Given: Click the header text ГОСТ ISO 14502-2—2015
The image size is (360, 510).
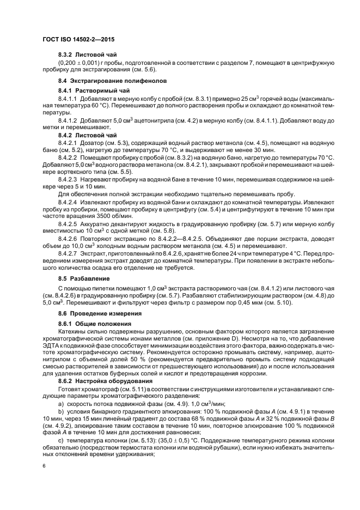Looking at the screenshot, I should (78, 40).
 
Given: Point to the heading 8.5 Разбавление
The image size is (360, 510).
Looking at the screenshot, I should (83, 278).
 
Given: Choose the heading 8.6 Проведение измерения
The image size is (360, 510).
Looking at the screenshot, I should (97, 314).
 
